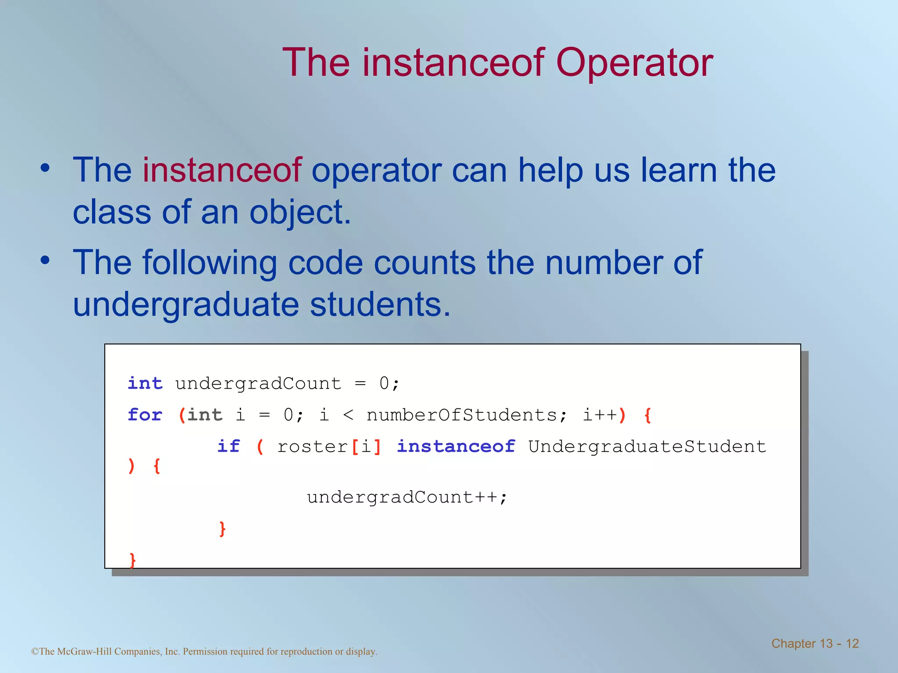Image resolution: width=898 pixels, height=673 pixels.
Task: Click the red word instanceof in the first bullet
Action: tap(222, 170)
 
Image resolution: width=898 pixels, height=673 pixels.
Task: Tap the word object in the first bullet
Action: tap(300, 213)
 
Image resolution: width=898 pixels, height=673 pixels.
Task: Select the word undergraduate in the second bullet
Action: tap(186, 304)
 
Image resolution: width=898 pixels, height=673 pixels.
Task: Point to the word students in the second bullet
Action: tap(380, 304)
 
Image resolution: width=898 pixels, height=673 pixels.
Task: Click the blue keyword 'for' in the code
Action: tap(145, 414)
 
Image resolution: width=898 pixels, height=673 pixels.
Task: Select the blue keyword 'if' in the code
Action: tap(228, 446)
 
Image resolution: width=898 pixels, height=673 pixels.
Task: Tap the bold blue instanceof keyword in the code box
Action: tap(456, 446)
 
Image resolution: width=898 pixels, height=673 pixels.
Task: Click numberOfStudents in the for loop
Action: tap(462, 414)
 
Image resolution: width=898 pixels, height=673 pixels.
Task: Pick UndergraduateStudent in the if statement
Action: tap(647, 446)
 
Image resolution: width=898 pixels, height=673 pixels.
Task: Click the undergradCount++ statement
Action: tap(406, 497)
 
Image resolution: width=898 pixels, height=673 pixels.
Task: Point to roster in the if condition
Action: tap(313, 446)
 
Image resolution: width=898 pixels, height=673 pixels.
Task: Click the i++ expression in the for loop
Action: tap(600, 414)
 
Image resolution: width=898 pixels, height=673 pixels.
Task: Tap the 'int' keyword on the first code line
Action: tap(145, 383)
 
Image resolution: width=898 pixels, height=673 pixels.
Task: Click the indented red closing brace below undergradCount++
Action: tap(222, 529)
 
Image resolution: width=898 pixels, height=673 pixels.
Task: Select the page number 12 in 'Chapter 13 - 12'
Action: tap(852, 643)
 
